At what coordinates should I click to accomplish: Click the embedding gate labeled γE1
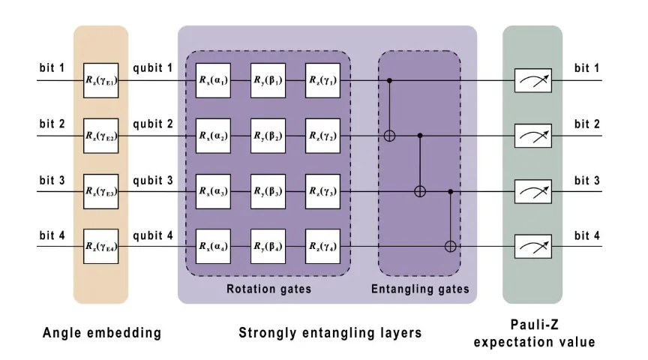pos(101,79)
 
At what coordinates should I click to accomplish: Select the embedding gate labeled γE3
pos(101,190)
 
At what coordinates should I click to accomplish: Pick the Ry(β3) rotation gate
pos(268,190)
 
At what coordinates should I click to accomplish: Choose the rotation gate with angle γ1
pos(322,79)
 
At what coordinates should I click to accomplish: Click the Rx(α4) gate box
pos(213,246)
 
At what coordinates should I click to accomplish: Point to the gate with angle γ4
pos(322,246)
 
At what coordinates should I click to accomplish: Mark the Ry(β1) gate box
pos(268,79)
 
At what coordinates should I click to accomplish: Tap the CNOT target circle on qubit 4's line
pos(451,246)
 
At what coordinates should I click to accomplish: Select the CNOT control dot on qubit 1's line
pos(389,79)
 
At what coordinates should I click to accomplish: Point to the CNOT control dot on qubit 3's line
pos(451,190)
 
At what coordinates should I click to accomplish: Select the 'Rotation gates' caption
pos(268,288)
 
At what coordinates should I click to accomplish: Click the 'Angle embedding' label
pos(101,332)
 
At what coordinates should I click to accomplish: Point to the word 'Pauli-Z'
pos(532,325)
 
